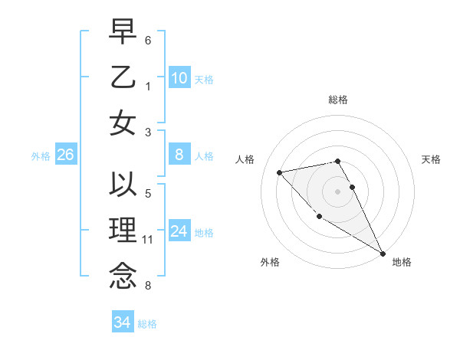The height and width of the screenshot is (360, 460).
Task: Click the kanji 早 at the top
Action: [123, 32]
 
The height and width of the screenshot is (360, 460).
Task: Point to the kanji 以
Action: [123, 185]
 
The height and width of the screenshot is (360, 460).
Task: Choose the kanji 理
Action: [123, 231]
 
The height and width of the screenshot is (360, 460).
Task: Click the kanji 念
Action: [123, 277]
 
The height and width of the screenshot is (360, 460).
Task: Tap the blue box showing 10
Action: [179, 78]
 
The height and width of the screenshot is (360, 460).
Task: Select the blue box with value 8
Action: [179, 155]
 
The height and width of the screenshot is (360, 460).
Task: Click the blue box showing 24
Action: [179, 232]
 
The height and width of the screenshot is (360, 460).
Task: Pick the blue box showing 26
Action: [65, 155]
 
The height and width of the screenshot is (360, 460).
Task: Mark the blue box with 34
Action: [122, 323]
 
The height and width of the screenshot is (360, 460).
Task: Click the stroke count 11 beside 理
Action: [148, 240]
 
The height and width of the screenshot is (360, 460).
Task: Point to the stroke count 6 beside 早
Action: [148, 40]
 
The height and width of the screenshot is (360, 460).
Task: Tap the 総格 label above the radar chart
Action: [338, 100]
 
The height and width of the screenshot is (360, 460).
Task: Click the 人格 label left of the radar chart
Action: [246, 159]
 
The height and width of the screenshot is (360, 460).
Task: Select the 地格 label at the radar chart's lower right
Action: [402, 262]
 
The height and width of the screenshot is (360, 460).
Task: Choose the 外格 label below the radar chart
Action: [270, 262]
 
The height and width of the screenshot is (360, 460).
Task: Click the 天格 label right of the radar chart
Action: [431, 159]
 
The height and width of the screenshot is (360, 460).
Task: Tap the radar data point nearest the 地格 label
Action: [383, 254]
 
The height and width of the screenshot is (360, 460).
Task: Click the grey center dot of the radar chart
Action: [338, 191]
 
